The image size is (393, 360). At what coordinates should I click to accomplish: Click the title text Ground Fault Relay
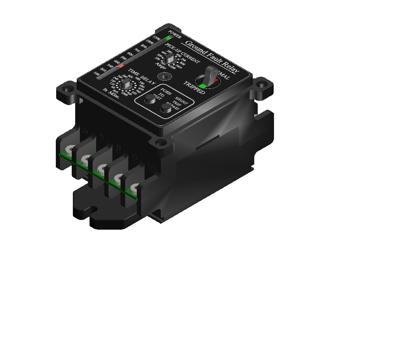pos(212,57)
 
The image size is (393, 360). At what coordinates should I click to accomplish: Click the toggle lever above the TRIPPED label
pos(210,73)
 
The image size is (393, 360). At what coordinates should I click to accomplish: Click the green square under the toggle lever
pos(202,86)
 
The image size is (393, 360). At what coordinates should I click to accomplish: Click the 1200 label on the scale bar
pos(157,38)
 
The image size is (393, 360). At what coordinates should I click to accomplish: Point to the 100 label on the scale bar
pos(97,74)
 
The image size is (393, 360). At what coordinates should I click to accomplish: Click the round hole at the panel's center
pos(167,76)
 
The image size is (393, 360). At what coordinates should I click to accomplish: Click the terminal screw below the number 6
pos(71,149)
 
